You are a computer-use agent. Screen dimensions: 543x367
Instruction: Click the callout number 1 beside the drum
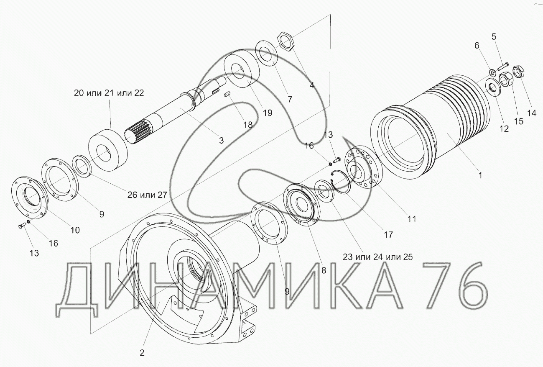[x=480, y=175]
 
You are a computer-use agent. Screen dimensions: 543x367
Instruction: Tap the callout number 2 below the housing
[x=142, y=353]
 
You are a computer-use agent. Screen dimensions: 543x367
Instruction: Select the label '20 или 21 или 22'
[x=109, y=93]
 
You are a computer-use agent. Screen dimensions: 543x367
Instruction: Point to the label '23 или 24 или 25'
[x=377, y=257]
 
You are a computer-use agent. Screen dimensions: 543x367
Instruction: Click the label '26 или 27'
[x=147, y=195]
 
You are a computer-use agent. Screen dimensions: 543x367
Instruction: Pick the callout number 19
[x=268, y=113]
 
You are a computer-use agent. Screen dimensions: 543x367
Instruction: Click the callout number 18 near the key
[x=248, y=125]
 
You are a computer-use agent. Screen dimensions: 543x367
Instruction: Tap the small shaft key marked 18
[x=227, y=94]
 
